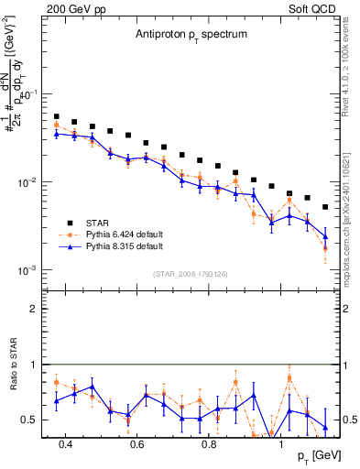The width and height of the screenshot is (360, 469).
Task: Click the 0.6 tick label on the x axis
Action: (x=137, y=444)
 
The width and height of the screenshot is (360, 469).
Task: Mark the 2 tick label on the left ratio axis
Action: (x=32, y=309)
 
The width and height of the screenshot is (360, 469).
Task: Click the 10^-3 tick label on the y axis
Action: (x=26, y=271)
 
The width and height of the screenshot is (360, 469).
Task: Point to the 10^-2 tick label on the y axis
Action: (x=26, y=183)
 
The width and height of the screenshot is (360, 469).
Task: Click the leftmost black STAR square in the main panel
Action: (x=57, y=117)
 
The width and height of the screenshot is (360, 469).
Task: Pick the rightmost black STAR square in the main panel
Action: (x=325, y=207)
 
